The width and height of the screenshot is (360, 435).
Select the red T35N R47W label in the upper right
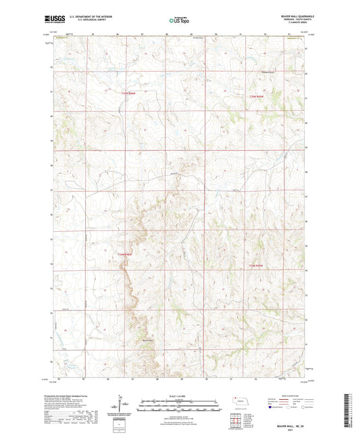point(251,97)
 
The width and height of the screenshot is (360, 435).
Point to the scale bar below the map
point(180,403)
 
